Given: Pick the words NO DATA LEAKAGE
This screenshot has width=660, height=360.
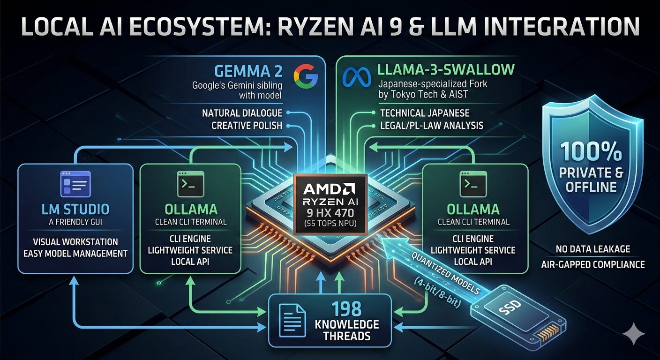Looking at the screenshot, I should coord(592,249).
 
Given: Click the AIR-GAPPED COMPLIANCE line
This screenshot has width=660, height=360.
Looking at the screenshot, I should coord(592,264).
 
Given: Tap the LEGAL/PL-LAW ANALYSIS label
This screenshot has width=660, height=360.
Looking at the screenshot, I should coord(432,126).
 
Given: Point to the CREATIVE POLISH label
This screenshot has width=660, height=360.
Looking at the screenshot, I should coord(247,126).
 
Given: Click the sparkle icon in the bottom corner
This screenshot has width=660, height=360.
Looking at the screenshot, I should coord(633,334).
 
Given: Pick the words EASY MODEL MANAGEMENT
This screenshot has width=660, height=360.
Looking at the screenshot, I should coord(75,254).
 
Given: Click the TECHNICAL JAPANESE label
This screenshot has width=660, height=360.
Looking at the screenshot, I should coord(425,113).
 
